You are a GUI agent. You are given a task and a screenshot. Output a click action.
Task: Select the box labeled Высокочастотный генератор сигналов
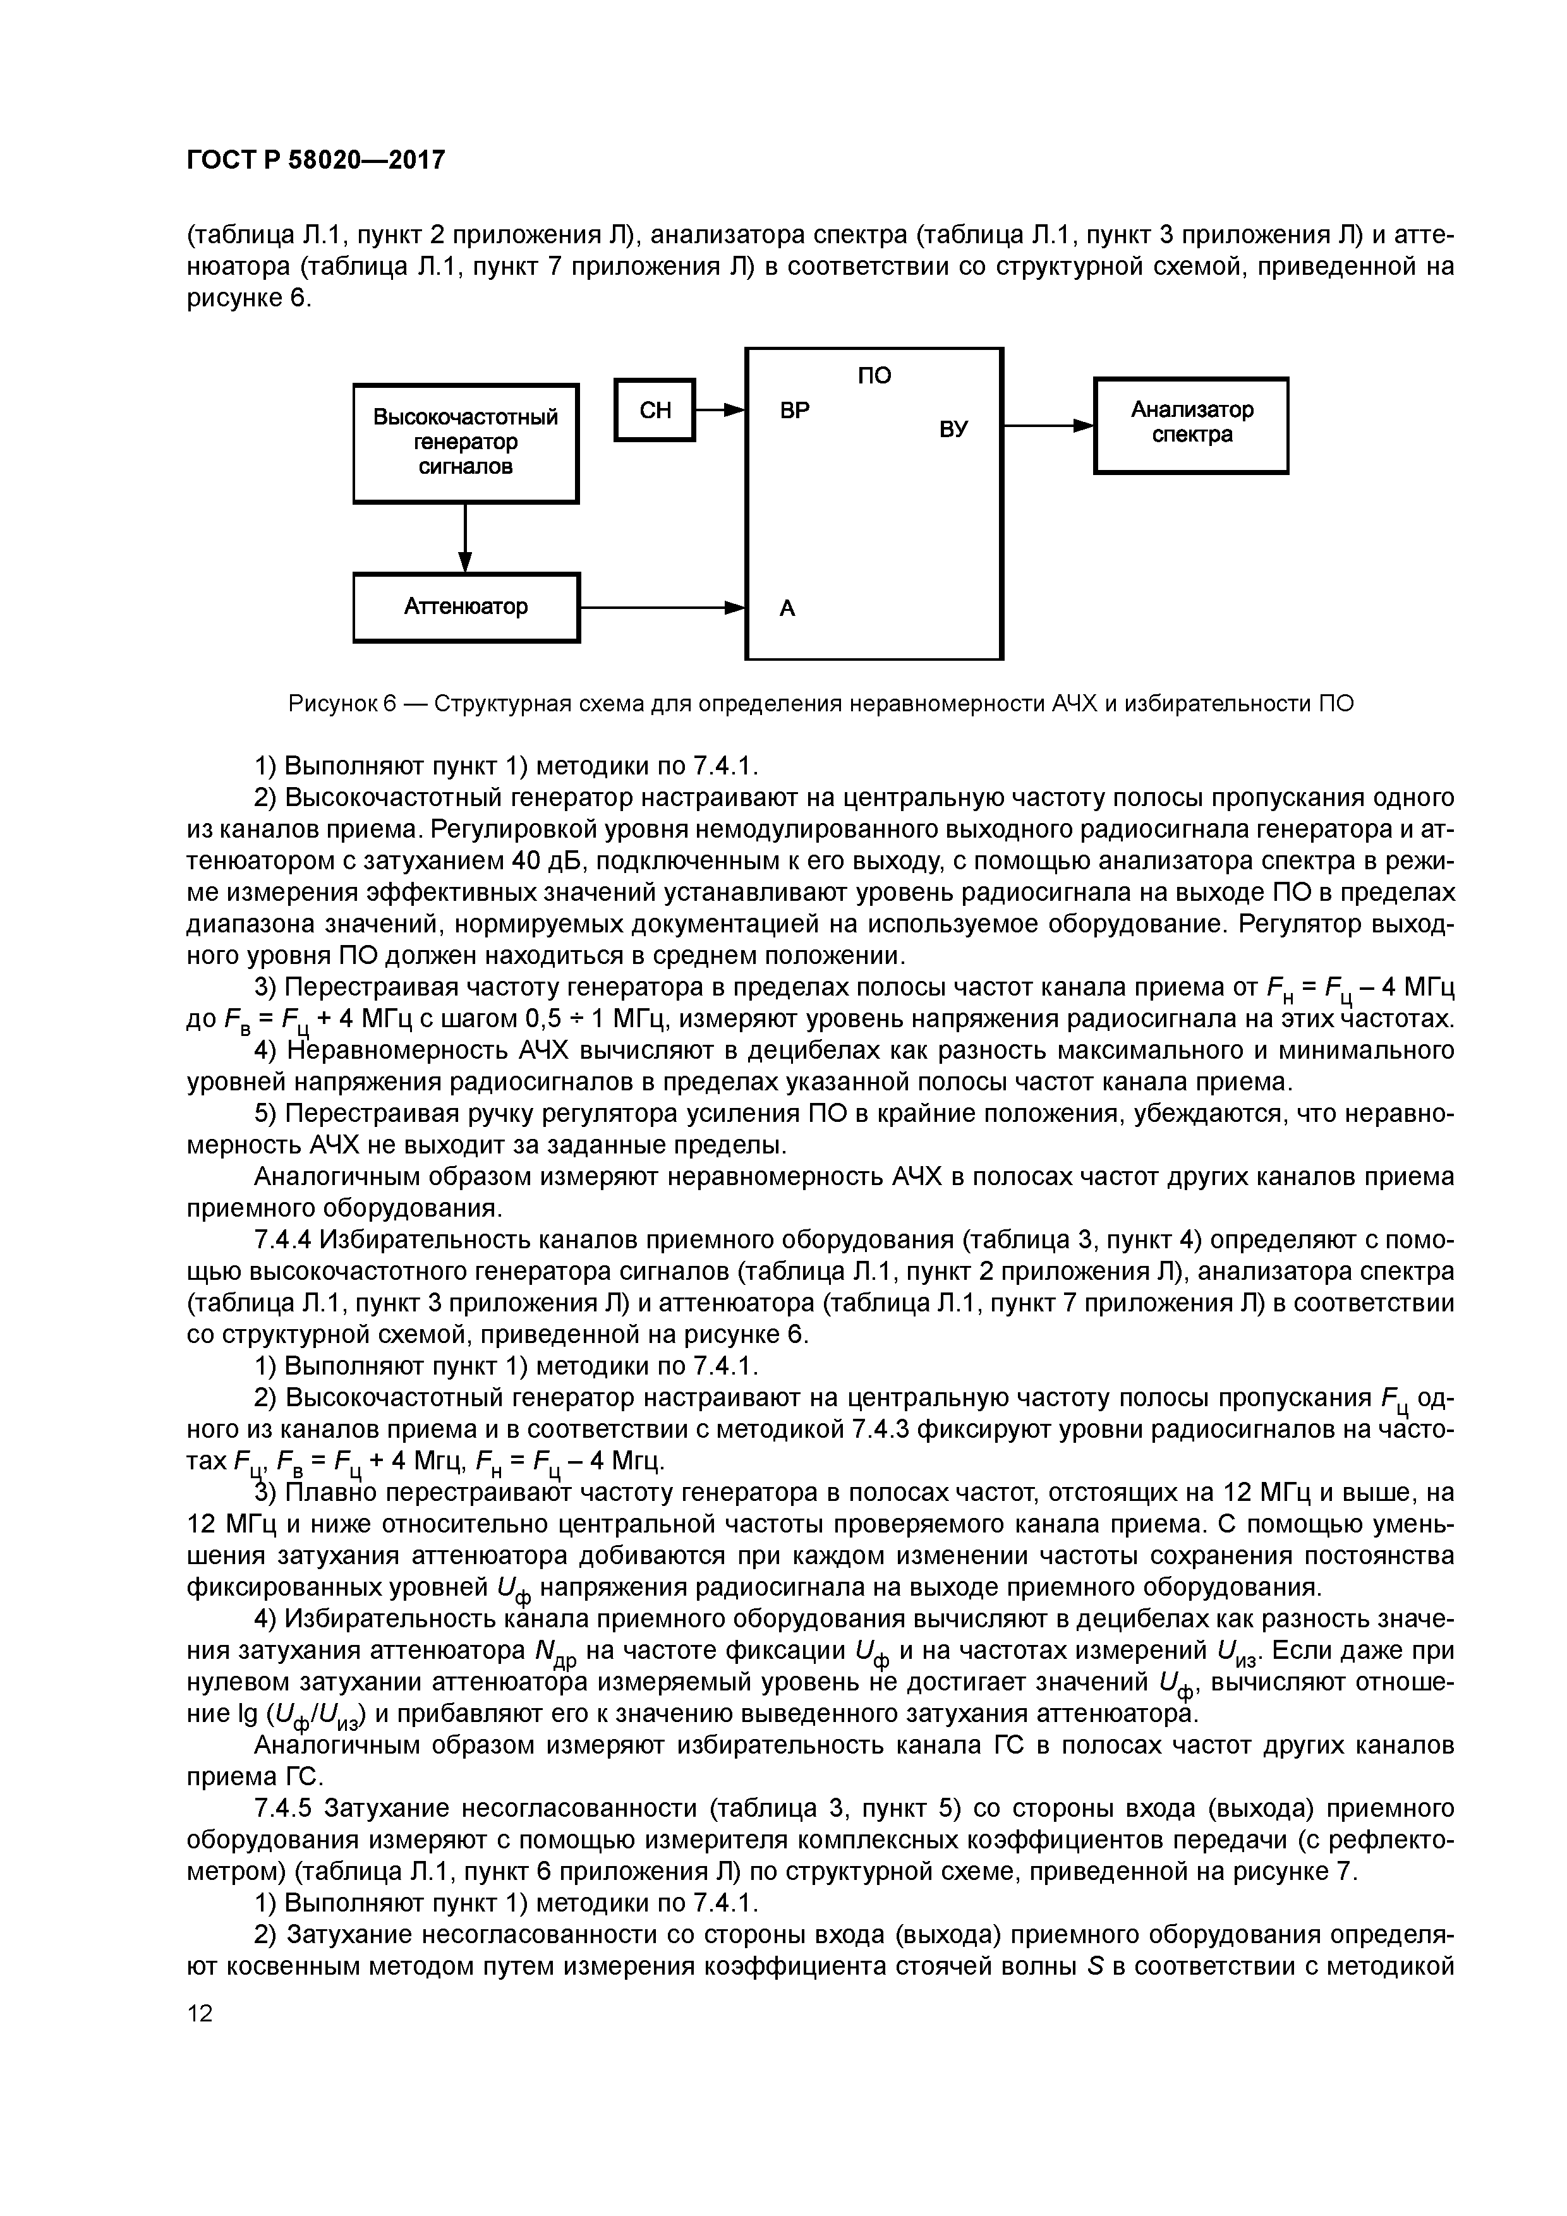(466, 443)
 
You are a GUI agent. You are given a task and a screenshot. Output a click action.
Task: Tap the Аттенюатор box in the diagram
(466, 607)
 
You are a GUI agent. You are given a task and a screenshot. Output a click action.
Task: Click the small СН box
(656, 410)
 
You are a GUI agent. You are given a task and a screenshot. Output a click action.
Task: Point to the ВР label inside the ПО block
(795, 410)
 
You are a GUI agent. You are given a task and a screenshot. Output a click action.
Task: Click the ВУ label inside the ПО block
(953, 428)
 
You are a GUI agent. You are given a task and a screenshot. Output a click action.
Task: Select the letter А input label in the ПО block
(788, 609)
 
